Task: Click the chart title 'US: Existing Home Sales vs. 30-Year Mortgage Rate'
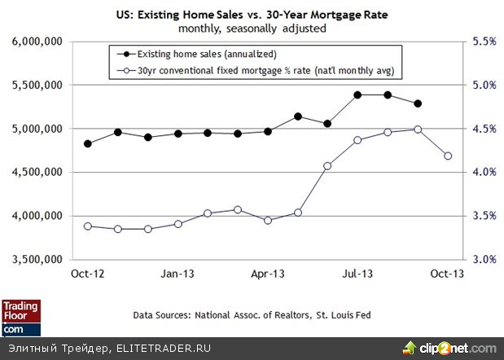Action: (252, 15)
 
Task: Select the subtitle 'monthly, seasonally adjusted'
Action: (252, 28)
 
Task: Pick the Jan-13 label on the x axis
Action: (177, 274)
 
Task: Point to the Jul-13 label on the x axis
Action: (357, 274)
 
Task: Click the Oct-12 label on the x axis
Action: (87, 274)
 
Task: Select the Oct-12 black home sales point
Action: (88, 143)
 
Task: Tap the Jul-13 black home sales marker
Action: (357, 94)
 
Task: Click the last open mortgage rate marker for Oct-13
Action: (447, 156)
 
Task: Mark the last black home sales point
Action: (418, 103)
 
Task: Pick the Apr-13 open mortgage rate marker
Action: (267, 220)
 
